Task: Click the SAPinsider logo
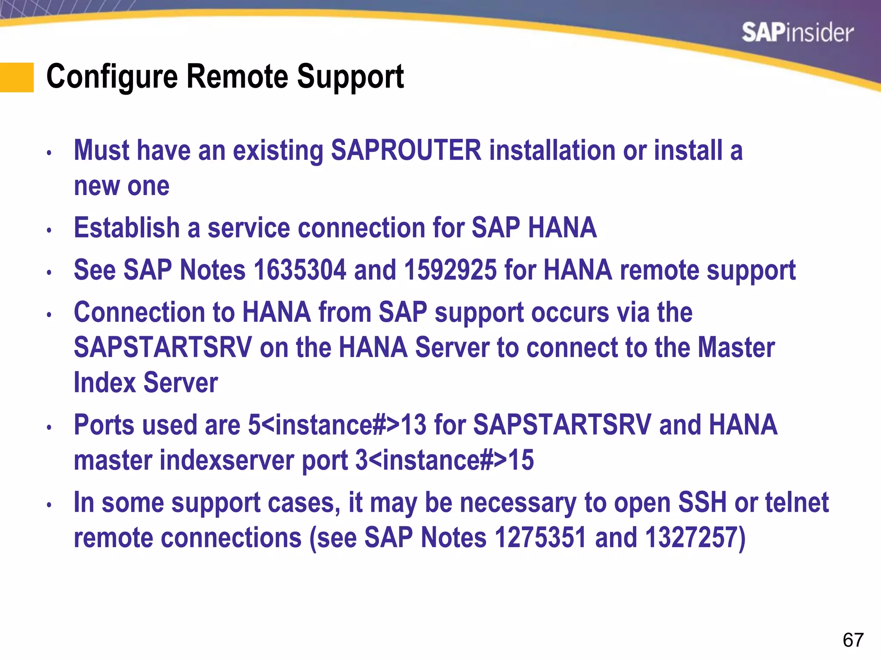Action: [797, 33]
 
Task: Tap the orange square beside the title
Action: [17, 77]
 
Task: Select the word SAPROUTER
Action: [406, 150]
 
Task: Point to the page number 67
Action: [853, 640]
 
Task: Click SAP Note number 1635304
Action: [300, 270]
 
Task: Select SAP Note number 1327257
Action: [691, 538]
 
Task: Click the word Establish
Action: [127, 228]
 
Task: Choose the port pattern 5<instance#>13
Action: [337, 425]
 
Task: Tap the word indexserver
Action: [227, 460]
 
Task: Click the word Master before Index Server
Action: [736, 347]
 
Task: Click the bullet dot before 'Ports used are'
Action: [49, 428]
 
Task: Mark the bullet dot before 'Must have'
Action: [49, 153]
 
